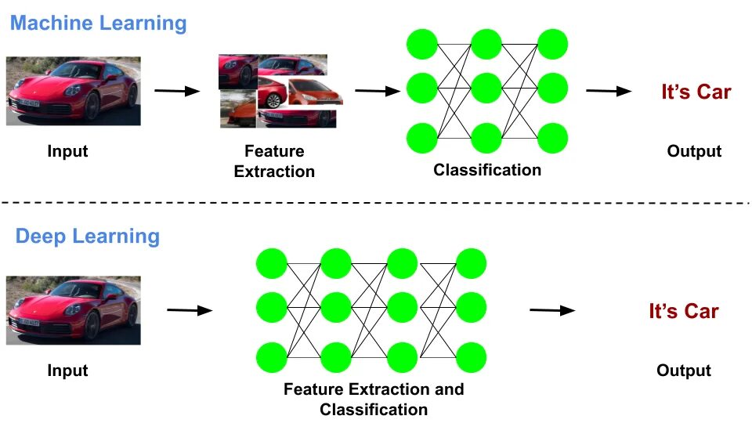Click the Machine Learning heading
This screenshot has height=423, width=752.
tap(99, 23)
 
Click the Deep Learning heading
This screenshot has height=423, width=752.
tap(87, 237)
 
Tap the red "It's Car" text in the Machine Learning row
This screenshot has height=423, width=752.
tap(696, 92)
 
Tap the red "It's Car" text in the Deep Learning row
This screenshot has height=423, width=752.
tap(683, 311)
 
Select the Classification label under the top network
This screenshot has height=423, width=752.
tap(487, 170)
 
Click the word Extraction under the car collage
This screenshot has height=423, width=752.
tap(274, 172)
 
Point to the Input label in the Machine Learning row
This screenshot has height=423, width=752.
tap(67, 151)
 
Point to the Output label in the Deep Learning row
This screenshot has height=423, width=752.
tap(683, 371)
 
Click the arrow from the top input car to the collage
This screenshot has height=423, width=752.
tap(177, 91)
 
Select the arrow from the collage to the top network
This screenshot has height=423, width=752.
tap(378, 91)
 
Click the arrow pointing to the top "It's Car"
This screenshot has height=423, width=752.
tap(609, 91)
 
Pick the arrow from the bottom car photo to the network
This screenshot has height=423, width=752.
tap(190, 310)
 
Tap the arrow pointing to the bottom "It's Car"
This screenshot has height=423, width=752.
tap(552, 310)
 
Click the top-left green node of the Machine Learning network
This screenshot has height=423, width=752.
tap(422, 44)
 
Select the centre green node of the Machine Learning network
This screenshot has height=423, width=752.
tap(486, 89)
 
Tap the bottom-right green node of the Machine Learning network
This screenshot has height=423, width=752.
tap(552, 138)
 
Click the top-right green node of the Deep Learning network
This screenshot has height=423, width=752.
tap(471, 263)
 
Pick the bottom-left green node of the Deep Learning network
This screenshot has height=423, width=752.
tap(272, 357)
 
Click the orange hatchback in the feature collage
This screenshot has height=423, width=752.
tap(315, 92)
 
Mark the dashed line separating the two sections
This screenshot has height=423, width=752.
tap(375, 203)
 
